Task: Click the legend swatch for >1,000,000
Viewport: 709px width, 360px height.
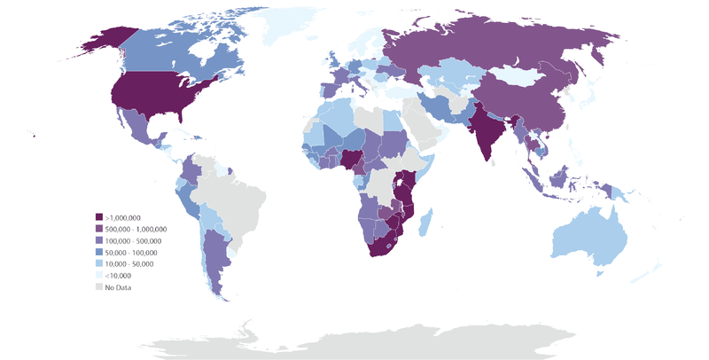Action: [99, 217]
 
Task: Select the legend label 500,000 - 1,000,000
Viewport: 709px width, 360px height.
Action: [136, 229]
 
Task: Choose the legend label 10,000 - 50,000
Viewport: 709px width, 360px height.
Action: [129, 263]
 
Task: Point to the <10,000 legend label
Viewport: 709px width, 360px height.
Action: [118, 275]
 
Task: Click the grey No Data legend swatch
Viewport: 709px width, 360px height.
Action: [99, 286]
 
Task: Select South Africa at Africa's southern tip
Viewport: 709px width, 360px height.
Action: [383, 244]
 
